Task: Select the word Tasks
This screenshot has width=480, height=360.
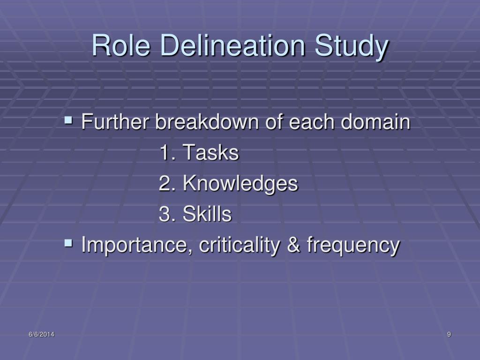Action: (x=210, y=153)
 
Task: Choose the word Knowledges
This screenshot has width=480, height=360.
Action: (x=240, y=184)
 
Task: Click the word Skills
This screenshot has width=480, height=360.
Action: (x=207, y=214)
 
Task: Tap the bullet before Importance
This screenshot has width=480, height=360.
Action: (x=68, y=243)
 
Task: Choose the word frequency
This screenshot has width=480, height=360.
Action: (x=353, y=245)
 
